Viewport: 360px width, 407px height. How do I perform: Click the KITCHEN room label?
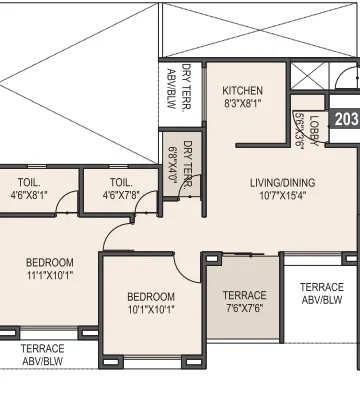(243, 90)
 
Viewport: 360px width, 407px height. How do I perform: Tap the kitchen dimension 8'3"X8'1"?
(243, 103)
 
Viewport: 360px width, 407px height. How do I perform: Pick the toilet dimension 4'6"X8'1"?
(29, 196)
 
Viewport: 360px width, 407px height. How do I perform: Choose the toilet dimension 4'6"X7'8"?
(121, 196)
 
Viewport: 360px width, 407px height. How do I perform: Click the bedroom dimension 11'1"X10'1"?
(49, 276)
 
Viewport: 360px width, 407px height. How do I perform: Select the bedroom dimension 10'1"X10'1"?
(151, 310)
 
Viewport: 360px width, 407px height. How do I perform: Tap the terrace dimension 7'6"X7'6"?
(244, 308)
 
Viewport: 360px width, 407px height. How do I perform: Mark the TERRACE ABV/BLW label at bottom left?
(42, 355)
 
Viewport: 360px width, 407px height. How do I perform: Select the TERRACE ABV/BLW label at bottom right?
(322, 293)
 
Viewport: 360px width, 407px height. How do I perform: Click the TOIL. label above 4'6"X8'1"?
(29, 183)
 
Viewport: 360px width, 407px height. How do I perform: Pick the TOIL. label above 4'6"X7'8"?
(121, 183)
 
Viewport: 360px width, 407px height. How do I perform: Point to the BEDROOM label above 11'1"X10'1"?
(49, 263)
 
